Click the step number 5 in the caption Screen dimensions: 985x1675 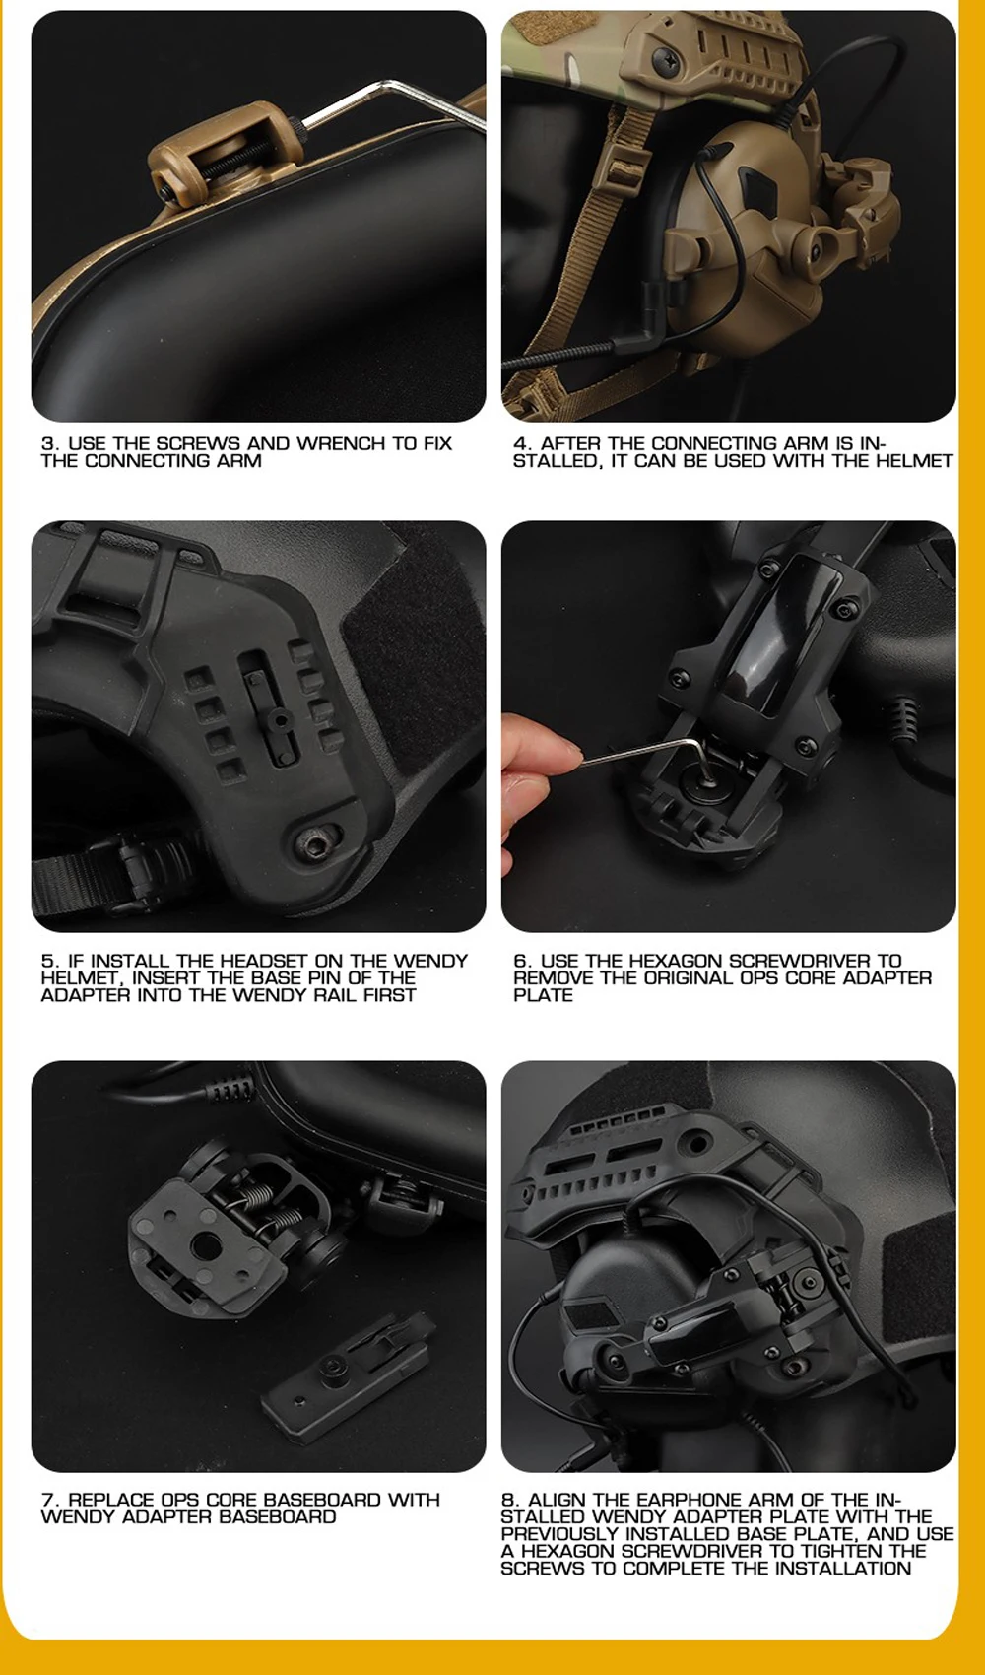tap(48, 960)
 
